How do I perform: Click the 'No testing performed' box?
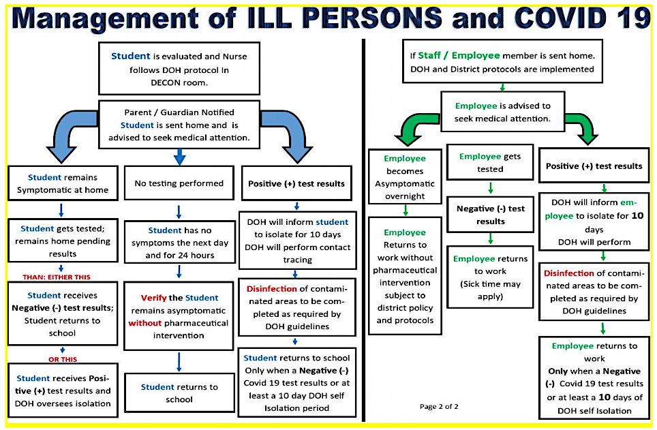click(179, 183)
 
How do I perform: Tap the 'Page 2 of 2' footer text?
click(438, 407)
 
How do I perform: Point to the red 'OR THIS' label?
click(61, 359)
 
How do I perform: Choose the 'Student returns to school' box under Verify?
click(179, 393)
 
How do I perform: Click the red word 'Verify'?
click(153, 298)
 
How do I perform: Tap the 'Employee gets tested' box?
click(490, 162)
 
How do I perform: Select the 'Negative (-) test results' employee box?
click(490, 215)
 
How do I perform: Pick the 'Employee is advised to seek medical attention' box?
click(503, 112)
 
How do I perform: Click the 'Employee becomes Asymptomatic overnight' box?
click(404, 177)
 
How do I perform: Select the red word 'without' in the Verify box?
click(145, 323)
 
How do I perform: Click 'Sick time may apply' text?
click(490, 290)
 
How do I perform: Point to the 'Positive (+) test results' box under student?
click(296, 183)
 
